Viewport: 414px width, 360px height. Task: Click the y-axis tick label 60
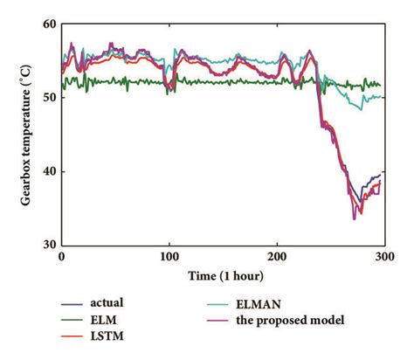[x=47, y=24]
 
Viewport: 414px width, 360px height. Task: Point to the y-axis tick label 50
[x=47, y=98]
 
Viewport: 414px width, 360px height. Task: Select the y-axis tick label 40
[x=47, y=171]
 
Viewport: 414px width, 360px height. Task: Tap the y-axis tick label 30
[x=47, y=245]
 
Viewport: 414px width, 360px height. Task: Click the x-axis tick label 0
[x=61, y=259]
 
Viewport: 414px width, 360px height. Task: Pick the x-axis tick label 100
[x=169, y=259]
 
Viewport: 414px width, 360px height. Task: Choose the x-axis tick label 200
[x=277, y=259]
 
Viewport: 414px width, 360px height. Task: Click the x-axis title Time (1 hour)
[x=222, y=275]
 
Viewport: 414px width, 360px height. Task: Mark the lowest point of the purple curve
[x=354, y=218]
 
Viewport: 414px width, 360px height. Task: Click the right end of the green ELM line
[x=380, y=85]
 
